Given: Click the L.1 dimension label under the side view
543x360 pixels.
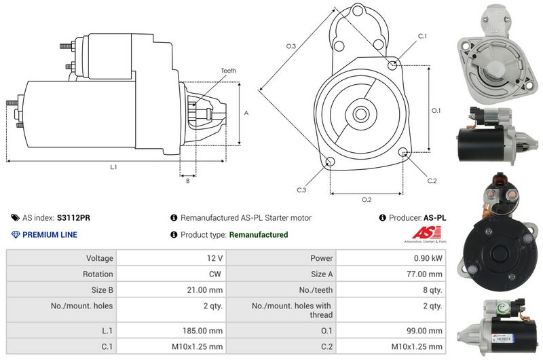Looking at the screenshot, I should (x=113, y=166).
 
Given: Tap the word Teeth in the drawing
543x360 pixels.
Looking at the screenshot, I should (x=229, y=71).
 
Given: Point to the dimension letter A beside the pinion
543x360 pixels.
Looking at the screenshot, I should (x=246, y=113).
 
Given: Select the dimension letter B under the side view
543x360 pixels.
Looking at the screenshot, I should (x=187, y=181).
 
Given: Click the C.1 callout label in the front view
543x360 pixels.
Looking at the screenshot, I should (x=422, y=36).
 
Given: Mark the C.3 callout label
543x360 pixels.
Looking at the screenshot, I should (x=301, y=190).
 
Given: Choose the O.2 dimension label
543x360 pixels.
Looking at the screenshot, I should (x=367, y=199).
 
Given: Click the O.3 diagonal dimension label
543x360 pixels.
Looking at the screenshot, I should (x=291, y=46).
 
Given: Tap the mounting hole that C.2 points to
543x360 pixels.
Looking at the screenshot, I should (x=404, y=152).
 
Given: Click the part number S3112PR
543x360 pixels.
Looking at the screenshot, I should (x=73, y=218).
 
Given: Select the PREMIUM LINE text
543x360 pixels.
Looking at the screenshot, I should (x=50, y=235).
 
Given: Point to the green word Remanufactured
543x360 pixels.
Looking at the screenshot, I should (x=259, y=235).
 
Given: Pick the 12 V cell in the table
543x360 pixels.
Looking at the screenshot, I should (x=215, y=258).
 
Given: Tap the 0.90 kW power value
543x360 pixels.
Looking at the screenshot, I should (x=429, y=258).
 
